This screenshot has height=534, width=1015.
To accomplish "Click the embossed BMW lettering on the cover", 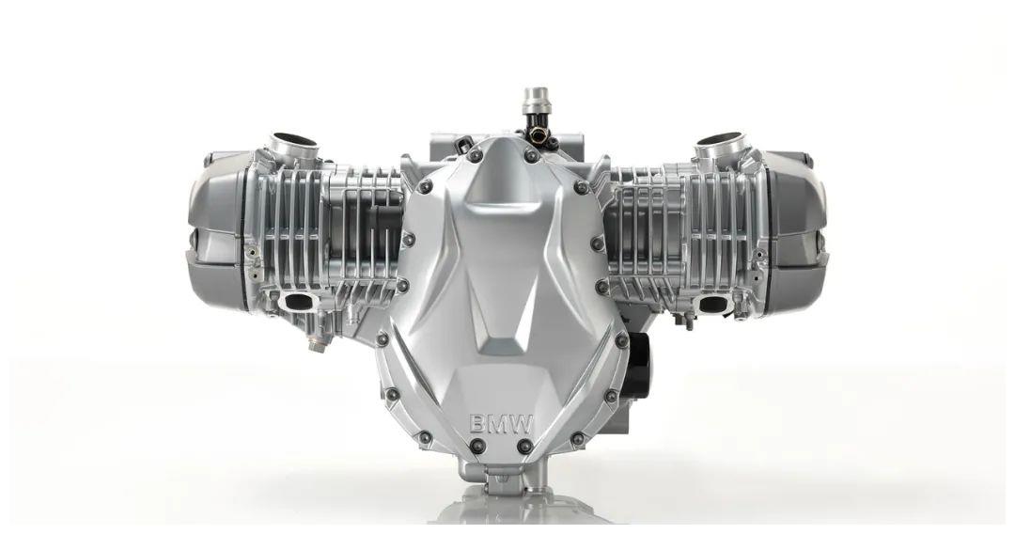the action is pos(501,425).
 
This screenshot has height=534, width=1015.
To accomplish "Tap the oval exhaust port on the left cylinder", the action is pos(294,302).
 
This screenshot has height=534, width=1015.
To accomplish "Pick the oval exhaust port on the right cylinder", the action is pos(712,303).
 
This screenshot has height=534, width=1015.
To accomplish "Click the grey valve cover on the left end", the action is pos(217,229).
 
